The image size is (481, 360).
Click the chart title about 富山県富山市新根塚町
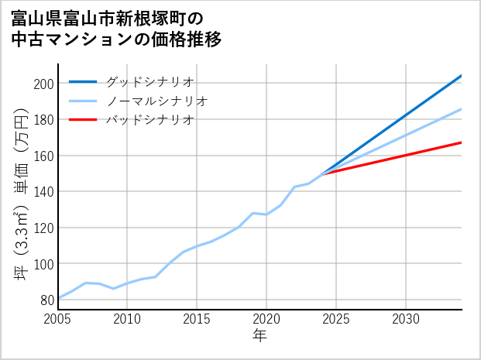116,28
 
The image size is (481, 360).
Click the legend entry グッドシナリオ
149,81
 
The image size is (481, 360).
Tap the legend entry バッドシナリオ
149,120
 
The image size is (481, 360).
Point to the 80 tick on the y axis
46,300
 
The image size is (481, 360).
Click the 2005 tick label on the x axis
58,319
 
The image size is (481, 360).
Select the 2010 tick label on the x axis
128,319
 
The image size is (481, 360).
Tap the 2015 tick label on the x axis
198,319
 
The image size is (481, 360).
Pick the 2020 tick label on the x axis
266,319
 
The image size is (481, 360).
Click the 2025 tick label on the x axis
336,319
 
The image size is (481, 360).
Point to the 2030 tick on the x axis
406,319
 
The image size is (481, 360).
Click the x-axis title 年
260,336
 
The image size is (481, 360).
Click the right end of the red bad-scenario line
461,142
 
